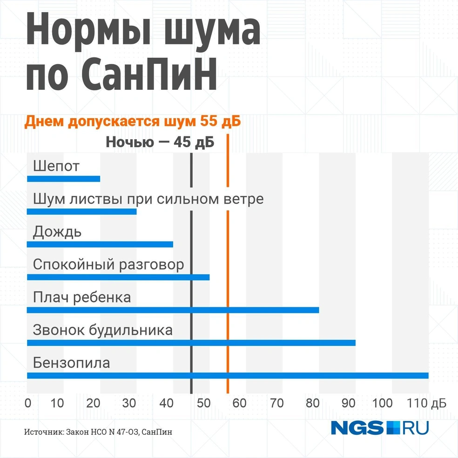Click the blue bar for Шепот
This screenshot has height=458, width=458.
[63, 179]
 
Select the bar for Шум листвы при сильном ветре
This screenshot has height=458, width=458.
[81, 211]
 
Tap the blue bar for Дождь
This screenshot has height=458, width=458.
[100, 244]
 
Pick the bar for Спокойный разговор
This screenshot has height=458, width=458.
[118, 277]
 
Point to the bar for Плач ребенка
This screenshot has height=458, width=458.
[173, 310]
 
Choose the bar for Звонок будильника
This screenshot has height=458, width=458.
[191, 343]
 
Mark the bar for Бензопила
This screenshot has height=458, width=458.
[228, 376]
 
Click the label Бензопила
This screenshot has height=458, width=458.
[71, 363]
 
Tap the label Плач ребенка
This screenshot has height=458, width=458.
[82, 297]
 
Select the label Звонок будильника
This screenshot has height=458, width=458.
[102, 330]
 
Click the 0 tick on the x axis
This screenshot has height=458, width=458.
[28, 403]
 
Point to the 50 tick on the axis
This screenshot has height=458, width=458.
[203, 403]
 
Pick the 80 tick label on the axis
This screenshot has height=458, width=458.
[313, 403]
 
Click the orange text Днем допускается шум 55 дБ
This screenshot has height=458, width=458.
[132, 122]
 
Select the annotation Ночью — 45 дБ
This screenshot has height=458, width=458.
[160, 142]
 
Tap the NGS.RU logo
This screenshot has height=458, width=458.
[379, 427]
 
